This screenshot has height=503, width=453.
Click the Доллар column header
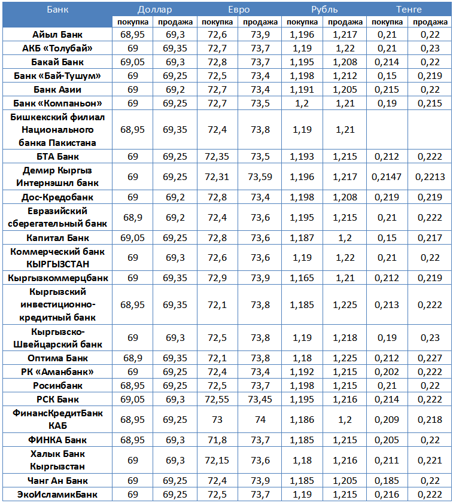tap(154, 10)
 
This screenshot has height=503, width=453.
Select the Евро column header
tap(239, 10)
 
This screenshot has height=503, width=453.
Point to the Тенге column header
tap(409, 10)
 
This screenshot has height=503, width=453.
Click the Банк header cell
tap(57, 10)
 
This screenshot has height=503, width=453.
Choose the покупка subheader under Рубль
tap(302, 22)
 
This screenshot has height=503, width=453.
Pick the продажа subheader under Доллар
tap(175, 22)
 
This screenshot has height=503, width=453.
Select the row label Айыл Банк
tap(57, 35)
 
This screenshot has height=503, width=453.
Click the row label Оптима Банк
tap(57, 358)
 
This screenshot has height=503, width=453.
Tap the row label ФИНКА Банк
tap(57, 440)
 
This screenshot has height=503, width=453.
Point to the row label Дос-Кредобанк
tap(57, 197)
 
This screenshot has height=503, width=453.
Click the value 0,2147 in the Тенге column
tap(387, 176)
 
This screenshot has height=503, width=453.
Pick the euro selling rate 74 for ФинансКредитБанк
tap(260, 420)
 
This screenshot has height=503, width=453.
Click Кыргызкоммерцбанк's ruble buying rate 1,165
tap(302, 278)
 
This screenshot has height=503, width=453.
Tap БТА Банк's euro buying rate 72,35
tap(217, 156)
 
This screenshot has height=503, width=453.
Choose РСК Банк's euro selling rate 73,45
tap(260, 399)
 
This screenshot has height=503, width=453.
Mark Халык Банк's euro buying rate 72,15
tap(217, 461)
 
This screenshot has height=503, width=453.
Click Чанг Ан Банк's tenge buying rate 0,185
tap(387, 481)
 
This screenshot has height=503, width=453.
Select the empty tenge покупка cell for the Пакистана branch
tap(387, 129)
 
